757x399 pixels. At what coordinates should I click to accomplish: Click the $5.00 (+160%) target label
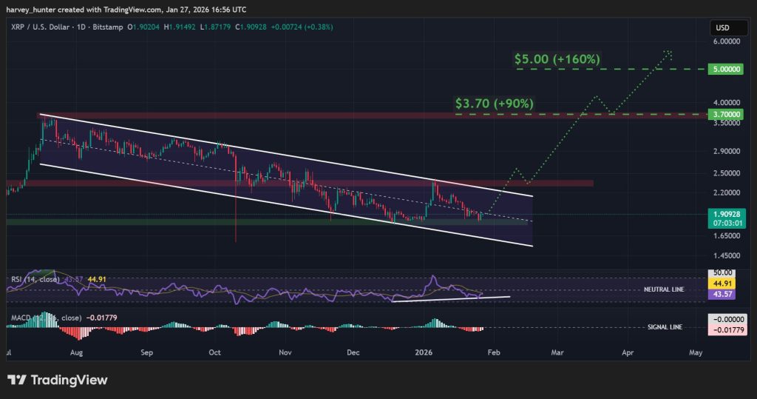pyautogui.click(x=557, y=58)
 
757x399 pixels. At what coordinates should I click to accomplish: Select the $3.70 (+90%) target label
pyautogui.click(x=495, y=104)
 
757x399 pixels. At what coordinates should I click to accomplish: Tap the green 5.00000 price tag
pyautogui.click(x=724, y=69)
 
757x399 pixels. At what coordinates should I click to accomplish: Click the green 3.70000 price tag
pyautogui.click(x=724, y=115)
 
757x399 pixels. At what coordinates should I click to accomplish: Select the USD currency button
pyautogui.click(x=722, y=28)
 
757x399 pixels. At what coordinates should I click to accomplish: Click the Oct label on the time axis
pyautogui.click(x=215, y=354)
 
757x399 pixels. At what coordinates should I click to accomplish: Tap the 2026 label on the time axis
pyautogui.click(x=423, y=354)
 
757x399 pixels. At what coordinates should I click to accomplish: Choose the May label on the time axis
pyautogui.click(x=695, y=354)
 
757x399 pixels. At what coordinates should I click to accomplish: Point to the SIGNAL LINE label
pyautogui.click(x=664, y=327)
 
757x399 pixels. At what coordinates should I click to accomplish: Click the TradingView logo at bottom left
pyautogui.click(x=58, y=380)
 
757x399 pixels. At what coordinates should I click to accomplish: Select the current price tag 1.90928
pyautogui.click(x=724, y=214)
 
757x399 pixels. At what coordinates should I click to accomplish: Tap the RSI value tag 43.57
pyautogui.click(x=724, y=295)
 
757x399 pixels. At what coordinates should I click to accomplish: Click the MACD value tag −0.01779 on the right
pyautogui.click(x=724, y=331)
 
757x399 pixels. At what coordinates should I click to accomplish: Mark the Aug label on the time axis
pyautogui.click(x=77, y=354)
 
